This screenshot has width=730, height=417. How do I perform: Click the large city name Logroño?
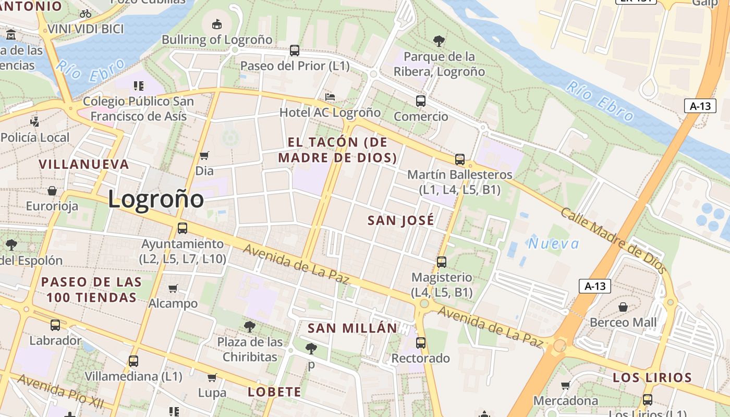(x=156, y=199)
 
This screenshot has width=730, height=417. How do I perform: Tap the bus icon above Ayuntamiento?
(x=182, y=228)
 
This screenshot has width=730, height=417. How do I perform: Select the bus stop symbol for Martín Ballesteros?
(x=459, y=160)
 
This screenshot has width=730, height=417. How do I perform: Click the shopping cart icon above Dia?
(x=204, y=155)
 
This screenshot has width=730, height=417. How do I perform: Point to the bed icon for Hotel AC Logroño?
(x=330, y=97)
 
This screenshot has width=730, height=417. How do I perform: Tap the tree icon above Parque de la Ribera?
(x=439, y=41)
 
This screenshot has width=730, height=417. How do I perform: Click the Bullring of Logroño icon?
(x=217, y=24)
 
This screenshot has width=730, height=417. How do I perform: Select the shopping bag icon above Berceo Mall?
(x=623, y=307)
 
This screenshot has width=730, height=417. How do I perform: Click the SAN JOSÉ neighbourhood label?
(x=401, y=220)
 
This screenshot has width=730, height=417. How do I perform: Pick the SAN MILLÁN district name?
(x=352, y=328)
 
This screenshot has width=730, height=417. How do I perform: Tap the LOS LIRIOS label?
(x=659, y=377)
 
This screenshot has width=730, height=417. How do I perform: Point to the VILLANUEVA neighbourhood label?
(x=84, y=164)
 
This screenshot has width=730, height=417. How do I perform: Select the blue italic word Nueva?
(x=553, y=243)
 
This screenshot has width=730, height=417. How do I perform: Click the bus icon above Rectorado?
(x=421, y=343)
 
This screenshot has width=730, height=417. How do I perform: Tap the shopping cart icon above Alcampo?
(x=173, y=288)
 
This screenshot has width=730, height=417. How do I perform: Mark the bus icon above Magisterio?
(x=442, y=262)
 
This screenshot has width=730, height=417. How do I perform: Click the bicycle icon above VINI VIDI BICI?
(x=86, y=14)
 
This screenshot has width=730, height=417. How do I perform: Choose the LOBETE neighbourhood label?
(x=274, y=392)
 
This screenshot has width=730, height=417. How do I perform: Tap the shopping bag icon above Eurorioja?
(x=52, y=191)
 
